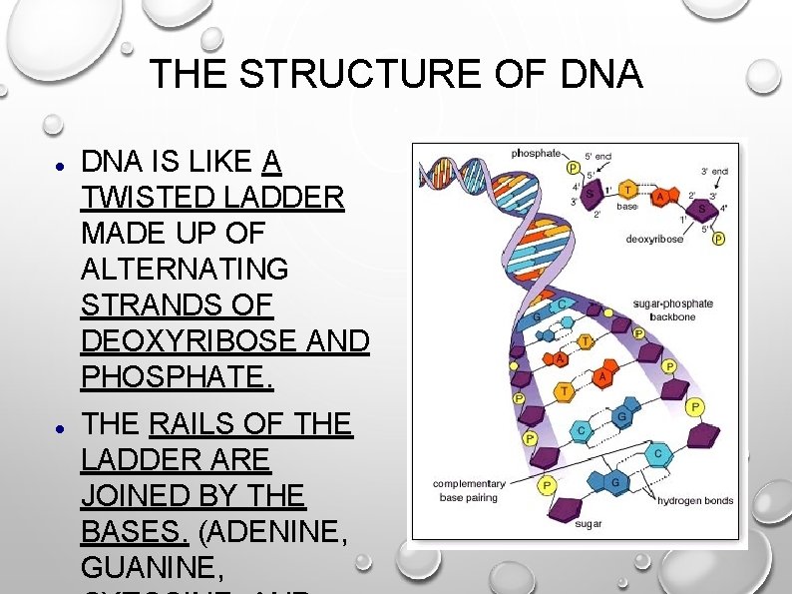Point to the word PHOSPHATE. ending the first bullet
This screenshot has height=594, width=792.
click(x=177, y=377)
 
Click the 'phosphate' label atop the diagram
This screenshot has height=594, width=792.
click(x=536, y=154)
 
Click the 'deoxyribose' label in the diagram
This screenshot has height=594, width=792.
click(x=653, y=239)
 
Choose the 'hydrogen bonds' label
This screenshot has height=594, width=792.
click(x=695, y=500)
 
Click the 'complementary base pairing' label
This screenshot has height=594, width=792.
click(x=469, y=489)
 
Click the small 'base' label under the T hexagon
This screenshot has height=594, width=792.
click(x=626, y=207)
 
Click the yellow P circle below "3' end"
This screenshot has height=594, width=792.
click(x=719, y=240)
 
